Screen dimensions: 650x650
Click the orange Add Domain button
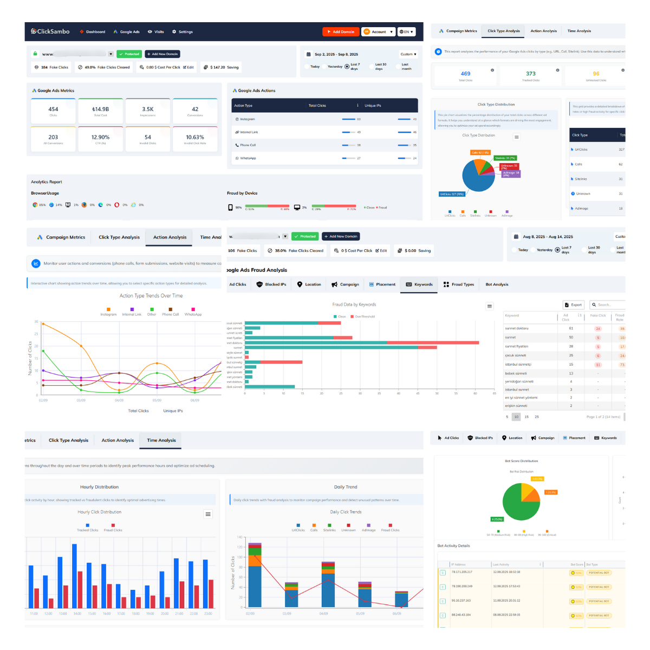(x=341, y=32)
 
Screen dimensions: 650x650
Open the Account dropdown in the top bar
(x=378, y=32)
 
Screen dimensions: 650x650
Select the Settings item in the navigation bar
(x=183, y=32)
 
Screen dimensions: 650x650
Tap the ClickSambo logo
(x=50, y=31)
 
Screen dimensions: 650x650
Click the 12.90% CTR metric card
(x=100, y=139)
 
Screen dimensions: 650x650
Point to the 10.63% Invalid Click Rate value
(x=195, y=138)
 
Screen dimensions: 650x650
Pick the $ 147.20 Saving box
(x=221, y=68)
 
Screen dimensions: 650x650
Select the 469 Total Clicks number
(x=465, y=74)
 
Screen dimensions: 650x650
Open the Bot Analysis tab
(x=497, y=284)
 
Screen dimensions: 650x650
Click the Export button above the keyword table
(x=574, y=305)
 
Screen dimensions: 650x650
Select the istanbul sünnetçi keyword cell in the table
(x=518, y=365)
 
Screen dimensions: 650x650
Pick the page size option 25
(x=537, y=417)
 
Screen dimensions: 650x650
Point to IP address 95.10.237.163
(x=461, y=601)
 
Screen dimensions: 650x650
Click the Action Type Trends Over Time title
(x=151, y=296)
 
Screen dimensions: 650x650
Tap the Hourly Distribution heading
(x=99, y=487)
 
